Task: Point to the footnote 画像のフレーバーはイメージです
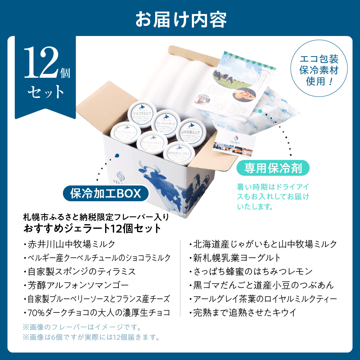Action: pyautogui.click(x=81, y=328)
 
